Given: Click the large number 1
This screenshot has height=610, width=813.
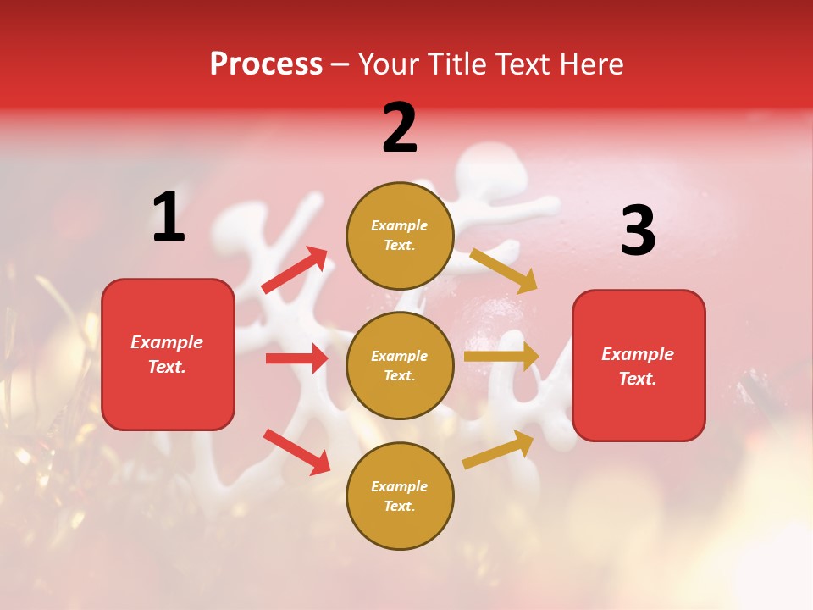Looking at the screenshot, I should pos(169,218).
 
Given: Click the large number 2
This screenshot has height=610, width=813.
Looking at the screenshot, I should pos(400,129).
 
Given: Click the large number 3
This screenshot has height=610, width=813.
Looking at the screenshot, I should pos(638,232).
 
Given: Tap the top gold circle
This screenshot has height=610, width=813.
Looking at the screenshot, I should pos(400,236).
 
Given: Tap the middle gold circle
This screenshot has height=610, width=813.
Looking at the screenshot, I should pos(400,365).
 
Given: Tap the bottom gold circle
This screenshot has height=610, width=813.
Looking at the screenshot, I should pos(400,496).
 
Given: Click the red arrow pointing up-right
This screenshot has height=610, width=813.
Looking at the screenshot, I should pos(295,270).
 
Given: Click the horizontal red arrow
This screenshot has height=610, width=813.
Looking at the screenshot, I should pos(297,358).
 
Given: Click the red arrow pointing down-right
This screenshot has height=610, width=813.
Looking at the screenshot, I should pos(296,451).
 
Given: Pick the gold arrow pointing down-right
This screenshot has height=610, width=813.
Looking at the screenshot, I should pos(503,270).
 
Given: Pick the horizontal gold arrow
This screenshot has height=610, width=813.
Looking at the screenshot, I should pos(501,357).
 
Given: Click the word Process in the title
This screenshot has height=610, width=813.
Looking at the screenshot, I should pos(266,64).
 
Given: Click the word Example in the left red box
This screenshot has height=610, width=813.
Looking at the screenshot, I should pos(167,342).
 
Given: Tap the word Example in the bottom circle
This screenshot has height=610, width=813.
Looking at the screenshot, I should pos(400,486).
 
